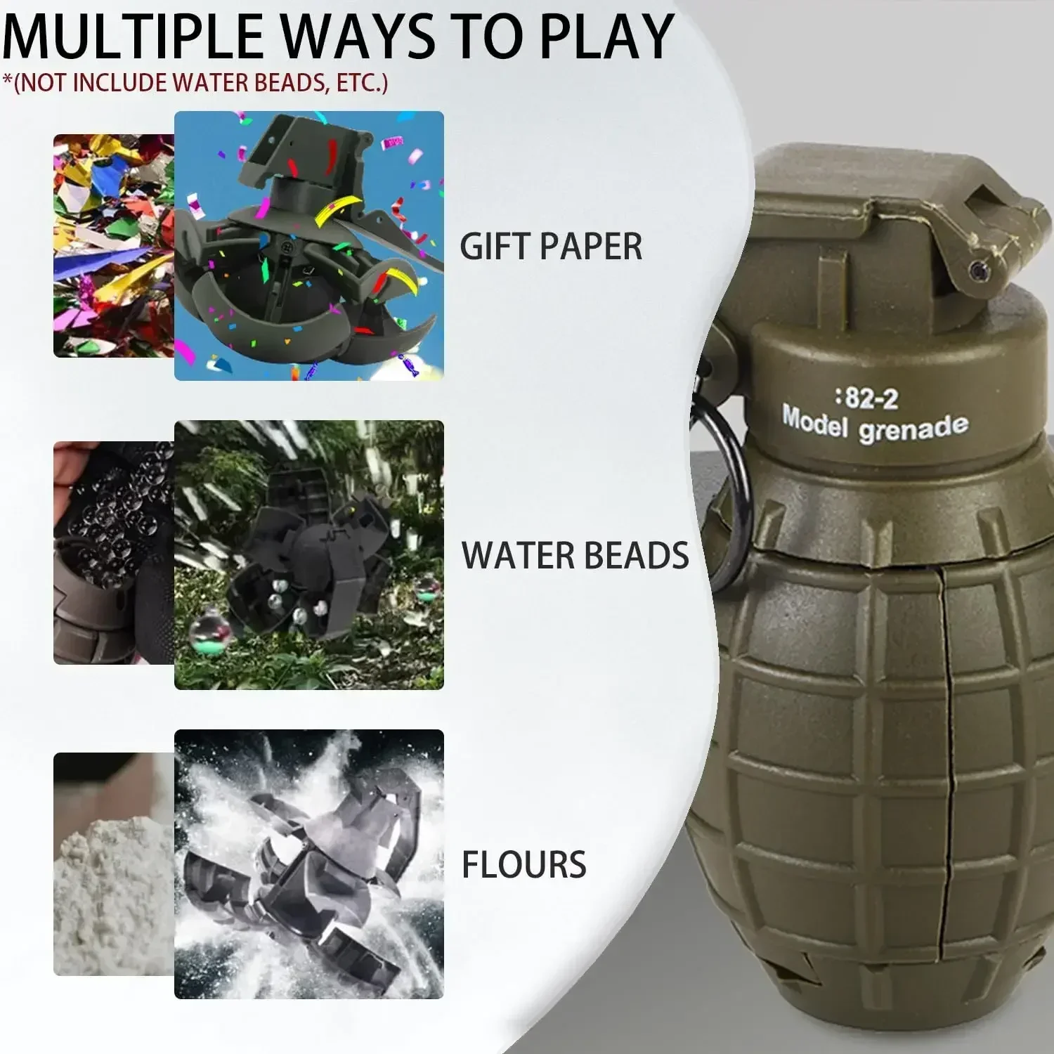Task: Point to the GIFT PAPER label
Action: click(551, 247)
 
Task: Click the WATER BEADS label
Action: click(575, 556)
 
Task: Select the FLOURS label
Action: click(523, 864)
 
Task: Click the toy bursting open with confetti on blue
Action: click(309, 246)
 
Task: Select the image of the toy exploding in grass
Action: click(309, 555)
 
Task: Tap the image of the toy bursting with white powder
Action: click(309, 864)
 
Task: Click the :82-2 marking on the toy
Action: click(866, 398)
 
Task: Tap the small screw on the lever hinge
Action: click(976, 268)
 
